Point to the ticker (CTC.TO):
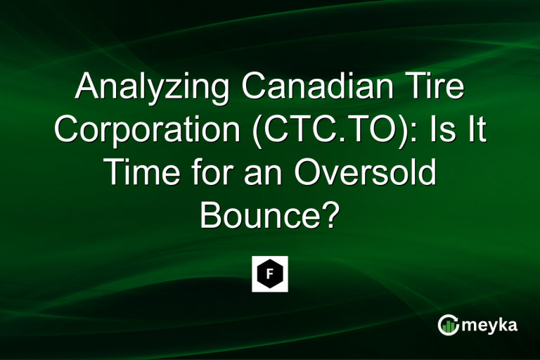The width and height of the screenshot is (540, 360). click(x=330, y=131)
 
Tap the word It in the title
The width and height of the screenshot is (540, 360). click(x=475, y=131)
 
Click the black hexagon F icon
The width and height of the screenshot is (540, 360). click(x=270, y=274)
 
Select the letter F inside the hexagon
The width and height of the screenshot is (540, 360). click(x=270, y=274)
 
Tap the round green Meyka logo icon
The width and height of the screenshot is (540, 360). click(x=448, y=325)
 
